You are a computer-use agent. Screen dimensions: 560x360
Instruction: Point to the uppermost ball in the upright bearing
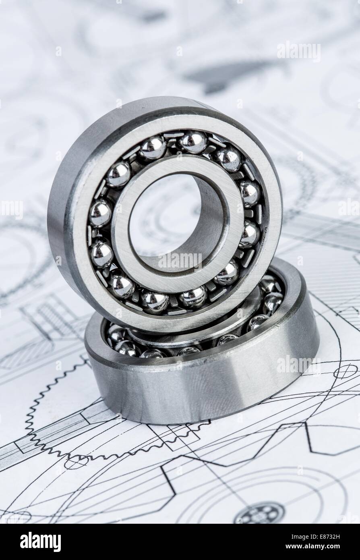[x=192, y=142]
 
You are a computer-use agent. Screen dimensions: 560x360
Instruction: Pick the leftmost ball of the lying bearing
[x=116, y=334]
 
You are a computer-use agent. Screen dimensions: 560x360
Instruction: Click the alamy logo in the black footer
[x=40, y=541]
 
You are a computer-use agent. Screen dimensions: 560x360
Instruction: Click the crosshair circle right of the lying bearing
[x=345, y=371]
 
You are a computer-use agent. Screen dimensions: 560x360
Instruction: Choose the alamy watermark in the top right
[x=299, y=52]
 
